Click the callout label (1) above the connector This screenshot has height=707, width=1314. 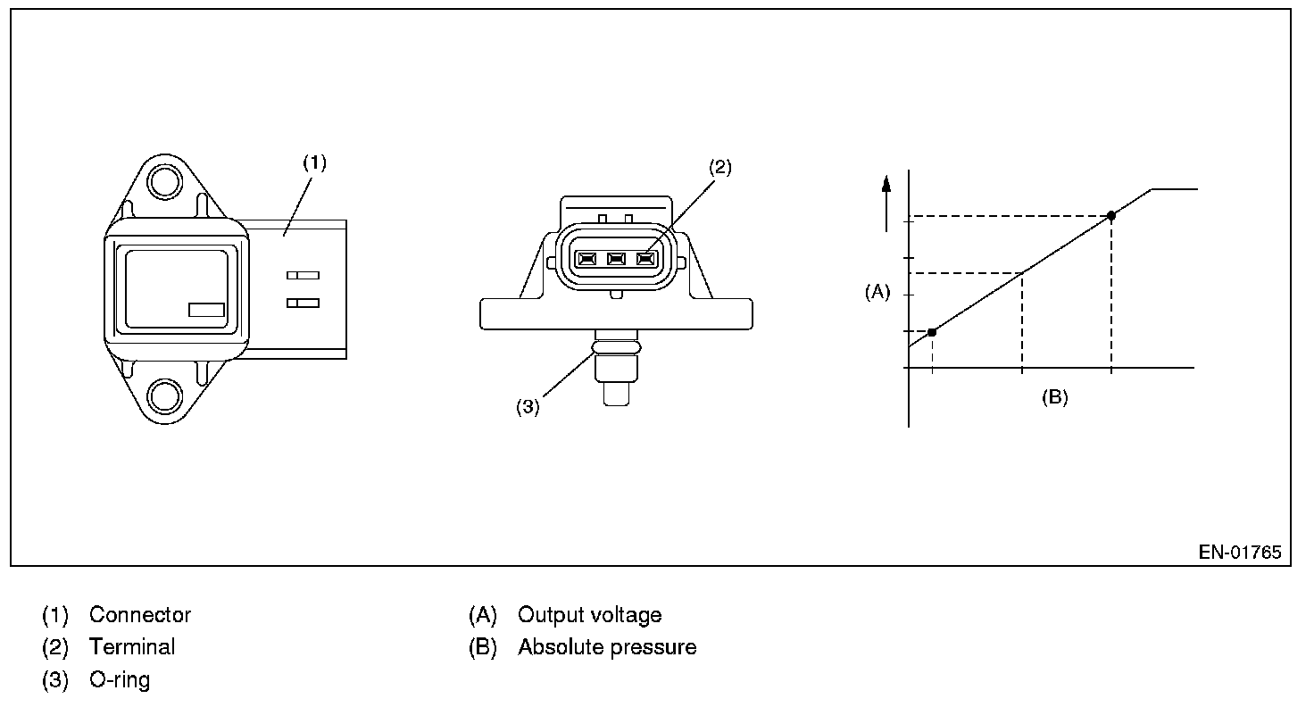click(x=314, y=162)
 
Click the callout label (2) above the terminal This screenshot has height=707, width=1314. click(x=720, y=167)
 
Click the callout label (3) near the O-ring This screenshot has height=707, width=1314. click(x=528, y=407)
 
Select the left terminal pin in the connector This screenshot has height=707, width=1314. click(x=586, y=260)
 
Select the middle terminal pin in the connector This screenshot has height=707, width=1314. click(x=616, y=260)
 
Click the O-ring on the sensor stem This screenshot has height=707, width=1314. click(x=616, y=343)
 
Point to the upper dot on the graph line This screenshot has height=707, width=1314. click(x=1111, y=215)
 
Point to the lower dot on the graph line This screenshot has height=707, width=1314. click(x=932, y=332)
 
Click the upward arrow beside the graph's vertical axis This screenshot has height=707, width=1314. click(x=886, y=201)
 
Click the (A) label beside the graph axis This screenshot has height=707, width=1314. click(x=877, y=292)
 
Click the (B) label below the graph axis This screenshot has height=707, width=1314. click(x=1055, y=398)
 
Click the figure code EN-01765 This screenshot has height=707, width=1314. click(x=1240, y=553)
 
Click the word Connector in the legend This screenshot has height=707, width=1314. click(x=140, y=615)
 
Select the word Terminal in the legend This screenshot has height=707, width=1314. click(x=132, y=647)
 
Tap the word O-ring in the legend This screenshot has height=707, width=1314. click(x=120, y=679)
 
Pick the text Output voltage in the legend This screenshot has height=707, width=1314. click(x=590, y=615)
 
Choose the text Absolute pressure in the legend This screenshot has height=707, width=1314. click(x=607, y=647)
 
